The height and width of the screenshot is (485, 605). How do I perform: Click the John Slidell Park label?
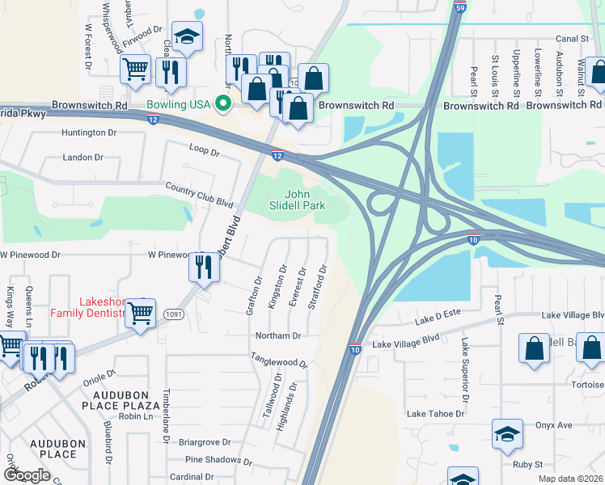coord(297,200)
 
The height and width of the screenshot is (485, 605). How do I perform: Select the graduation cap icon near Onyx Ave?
coord(506,434)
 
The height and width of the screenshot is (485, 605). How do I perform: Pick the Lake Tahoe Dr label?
coord(435,414)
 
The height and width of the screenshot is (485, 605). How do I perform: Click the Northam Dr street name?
coord(277,335)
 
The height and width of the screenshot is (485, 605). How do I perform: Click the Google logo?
coord(27,474)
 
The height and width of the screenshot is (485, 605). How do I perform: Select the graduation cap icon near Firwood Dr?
coord(188,36)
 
